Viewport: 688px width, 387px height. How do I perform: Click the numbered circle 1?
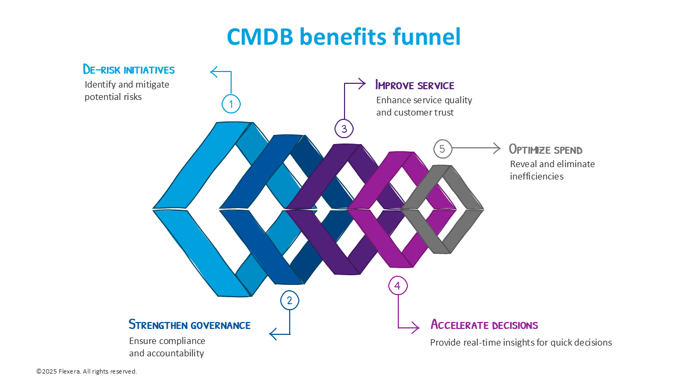click(x=231, y=104)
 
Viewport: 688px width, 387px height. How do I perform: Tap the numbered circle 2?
click(x=290, y=300)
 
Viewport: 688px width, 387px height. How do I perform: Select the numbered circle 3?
click(x=344, y=128)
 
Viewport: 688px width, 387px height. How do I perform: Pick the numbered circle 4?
click(x=398, y=286)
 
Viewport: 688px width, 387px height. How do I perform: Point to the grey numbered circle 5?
click(x=442, y=149)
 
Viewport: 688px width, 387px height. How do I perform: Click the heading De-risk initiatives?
click(x=128, y=69)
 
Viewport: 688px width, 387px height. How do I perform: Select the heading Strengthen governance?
click(x=189, y=325)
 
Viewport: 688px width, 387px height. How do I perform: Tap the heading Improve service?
click(x=414, y=85)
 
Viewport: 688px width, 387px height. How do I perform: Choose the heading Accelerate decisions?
click(x=484, y=325)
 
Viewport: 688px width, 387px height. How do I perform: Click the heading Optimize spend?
click(x=546, y=149)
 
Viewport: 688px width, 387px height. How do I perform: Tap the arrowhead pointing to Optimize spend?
click(x=497, y=149)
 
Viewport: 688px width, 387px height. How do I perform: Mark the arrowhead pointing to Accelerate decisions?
click(x=415, y=327)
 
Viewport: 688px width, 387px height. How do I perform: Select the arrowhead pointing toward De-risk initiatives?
click(x=213, y=71)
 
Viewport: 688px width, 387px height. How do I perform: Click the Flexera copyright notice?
click(x=87, y=371)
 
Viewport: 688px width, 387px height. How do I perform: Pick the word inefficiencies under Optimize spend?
click(x=536, y=176)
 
